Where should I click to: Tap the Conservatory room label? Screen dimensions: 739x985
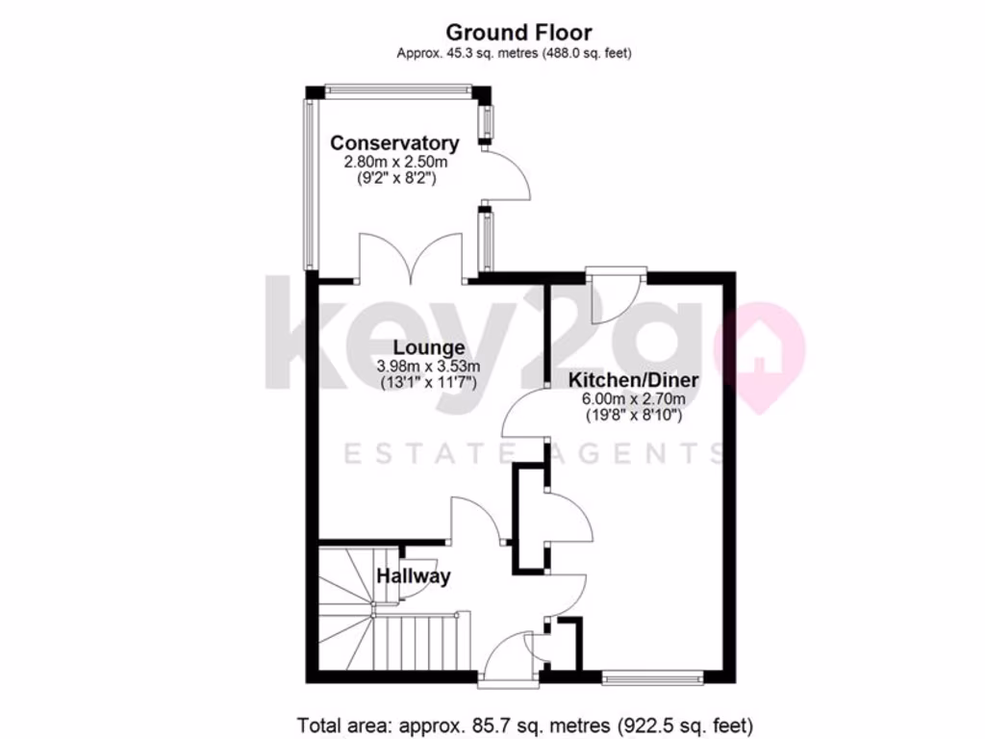394,143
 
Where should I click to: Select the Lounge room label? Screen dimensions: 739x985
428,347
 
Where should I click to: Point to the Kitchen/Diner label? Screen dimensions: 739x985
633,380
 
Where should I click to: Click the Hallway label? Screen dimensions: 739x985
414,576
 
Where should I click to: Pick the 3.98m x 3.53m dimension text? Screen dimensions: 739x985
428,367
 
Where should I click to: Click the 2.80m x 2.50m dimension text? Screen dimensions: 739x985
395,162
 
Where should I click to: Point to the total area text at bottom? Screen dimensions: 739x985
525,724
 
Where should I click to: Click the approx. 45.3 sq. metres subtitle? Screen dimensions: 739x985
514,53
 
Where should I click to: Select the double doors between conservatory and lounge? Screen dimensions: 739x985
412,258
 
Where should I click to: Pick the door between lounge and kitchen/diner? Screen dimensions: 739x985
525,417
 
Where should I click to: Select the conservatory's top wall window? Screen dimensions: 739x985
398,90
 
